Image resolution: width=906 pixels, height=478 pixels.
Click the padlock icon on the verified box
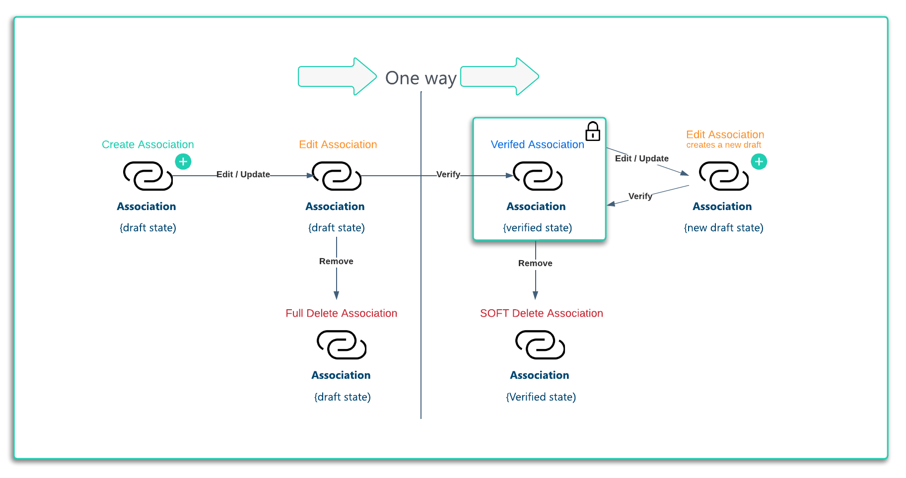pos(593,132)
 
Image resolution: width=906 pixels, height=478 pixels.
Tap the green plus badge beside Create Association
pos(183,161)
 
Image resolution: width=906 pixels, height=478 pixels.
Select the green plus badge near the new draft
pos(759,161)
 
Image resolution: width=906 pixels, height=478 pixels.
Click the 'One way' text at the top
pos(420,78)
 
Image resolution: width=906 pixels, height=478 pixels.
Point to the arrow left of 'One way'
pos(337,76)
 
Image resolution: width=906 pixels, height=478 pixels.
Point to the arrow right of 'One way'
pos(499,76)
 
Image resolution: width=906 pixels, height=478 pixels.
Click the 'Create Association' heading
pos(147,144)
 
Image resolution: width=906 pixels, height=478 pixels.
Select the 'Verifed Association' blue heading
pos(537,144)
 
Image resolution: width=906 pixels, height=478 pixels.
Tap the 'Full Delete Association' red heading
pos(341,313)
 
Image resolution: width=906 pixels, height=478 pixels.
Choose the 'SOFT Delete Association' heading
pos(541,313)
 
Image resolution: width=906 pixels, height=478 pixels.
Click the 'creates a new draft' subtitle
pos(723,145)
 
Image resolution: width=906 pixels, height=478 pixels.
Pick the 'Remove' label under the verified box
pos(535,263)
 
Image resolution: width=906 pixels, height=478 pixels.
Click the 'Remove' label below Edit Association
pos(336,261)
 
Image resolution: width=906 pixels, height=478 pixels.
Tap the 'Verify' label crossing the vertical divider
pos(448,174)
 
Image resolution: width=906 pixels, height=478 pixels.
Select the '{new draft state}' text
pos(723,228)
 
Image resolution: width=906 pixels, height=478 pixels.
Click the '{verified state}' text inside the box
pos(537,228)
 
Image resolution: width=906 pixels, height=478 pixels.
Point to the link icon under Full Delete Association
pos(342,345)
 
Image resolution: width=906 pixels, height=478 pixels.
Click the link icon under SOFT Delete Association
pos(540,345)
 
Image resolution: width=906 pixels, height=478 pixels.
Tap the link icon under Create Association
pos(148,176)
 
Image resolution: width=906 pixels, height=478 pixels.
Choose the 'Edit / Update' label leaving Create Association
pos(243,174)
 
